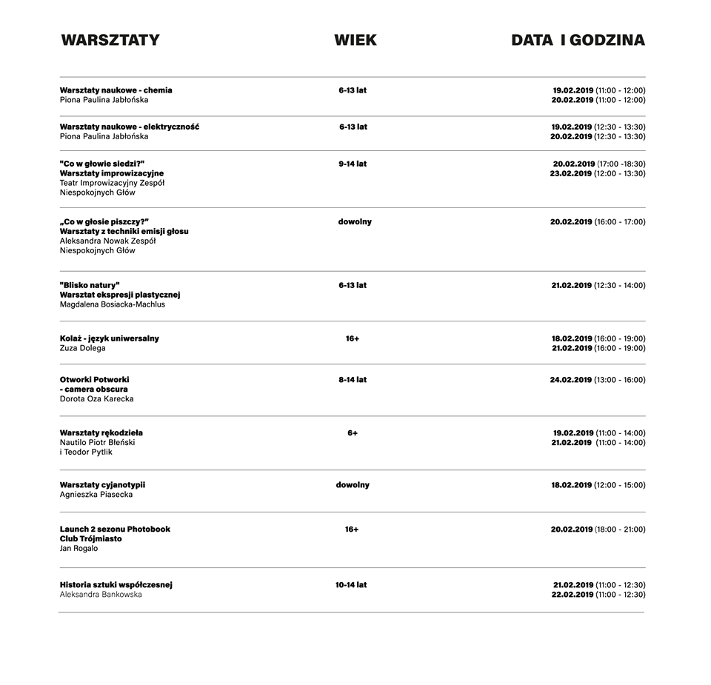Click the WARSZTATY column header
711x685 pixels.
click(x=110, y=40)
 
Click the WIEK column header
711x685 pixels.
click(x=355, y=40)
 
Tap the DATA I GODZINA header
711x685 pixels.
click(x=578, y=40)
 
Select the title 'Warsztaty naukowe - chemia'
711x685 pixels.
click(x=116, y=90)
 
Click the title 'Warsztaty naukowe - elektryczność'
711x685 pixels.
click(x=130, y=127)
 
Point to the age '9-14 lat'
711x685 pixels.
click(x=353, y=164)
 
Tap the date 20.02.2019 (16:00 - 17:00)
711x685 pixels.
click(x=598, y=221)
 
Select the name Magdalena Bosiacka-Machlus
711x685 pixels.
click(x=113, y=304)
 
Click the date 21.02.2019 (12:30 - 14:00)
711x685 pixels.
click(x=598, y=285)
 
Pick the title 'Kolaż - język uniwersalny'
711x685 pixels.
click(x=110, y=338)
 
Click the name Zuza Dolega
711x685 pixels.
click(x=83, y=348)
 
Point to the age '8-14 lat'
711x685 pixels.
click(x=353, y=380)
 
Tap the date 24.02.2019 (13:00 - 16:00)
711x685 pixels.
click(x=598, y=380)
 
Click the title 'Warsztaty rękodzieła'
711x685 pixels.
click(x=101, y=432)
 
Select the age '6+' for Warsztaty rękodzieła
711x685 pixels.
click(x=353, y=433)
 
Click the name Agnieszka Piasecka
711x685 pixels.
click(x=96, y=495)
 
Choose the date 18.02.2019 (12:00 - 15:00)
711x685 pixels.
click(x=598, y=485)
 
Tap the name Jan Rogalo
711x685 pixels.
click(x=79, y=549)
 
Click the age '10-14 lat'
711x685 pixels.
click(x=351, y=585)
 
